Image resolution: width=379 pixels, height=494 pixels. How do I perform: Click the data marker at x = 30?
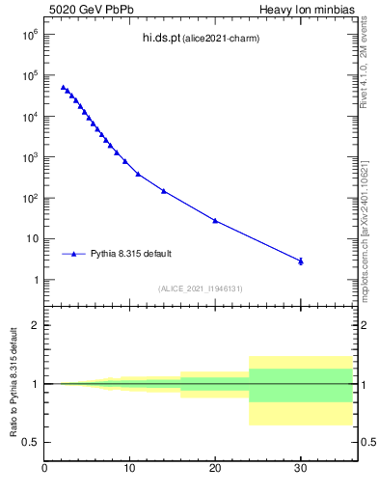(301, 261)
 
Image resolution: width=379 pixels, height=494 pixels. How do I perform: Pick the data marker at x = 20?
(215, 220)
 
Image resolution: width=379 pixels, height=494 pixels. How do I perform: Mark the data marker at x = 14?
(164, 191)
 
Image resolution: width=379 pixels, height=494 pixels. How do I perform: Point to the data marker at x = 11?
(138, 174)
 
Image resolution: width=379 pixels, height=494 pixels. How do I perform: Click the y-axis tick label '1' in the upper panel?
(35, 280)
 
